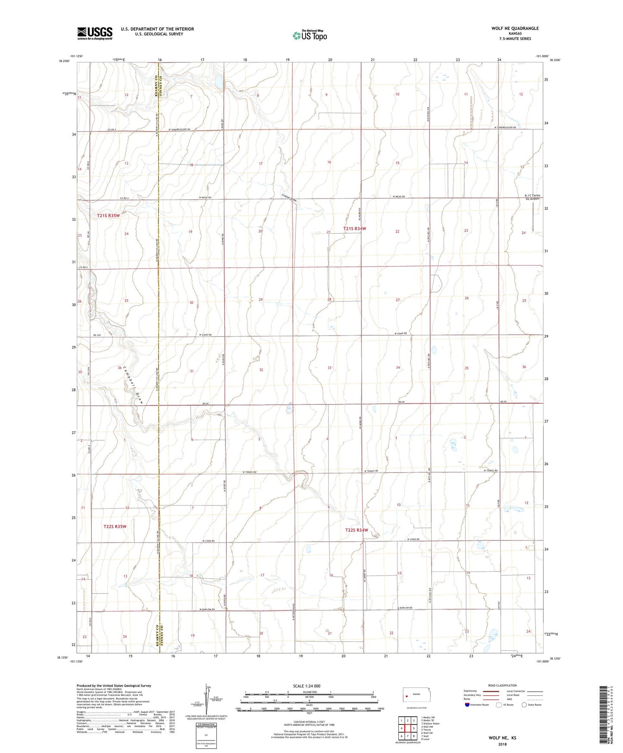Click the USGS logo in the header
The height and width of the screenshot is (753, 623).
point(95,33)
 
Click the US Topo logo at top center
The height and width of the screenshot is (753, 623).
point(310,35)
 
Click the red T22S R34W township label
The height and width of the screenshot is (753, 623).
point(357,530)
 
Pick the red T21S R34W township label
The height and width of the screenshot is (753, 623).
point(354,229)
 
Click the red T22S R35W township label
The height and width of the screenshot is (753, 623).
point(115,527)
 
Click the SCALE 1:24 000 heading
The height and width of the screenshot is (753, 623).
point(307,686)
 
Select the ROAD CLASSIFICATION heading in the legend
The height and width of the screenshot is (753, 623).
point(502,685)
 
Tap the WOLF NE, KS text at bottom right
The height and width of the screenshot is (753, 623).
point(502,738)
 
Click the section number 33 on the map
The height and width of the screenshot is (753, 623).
point(329,368)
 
